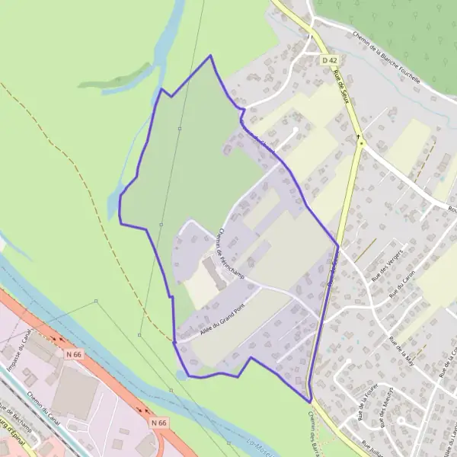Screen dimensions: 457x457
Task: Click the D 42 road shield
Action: pos(329,59)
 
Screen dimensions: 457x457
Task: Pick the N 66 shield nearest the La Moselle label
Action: pos(158,422)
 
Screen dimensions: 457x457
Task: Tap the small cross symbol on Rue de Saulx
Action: pos(359,137)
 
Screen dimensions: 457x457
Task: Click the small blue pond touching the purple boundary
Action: pos(181,374)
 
